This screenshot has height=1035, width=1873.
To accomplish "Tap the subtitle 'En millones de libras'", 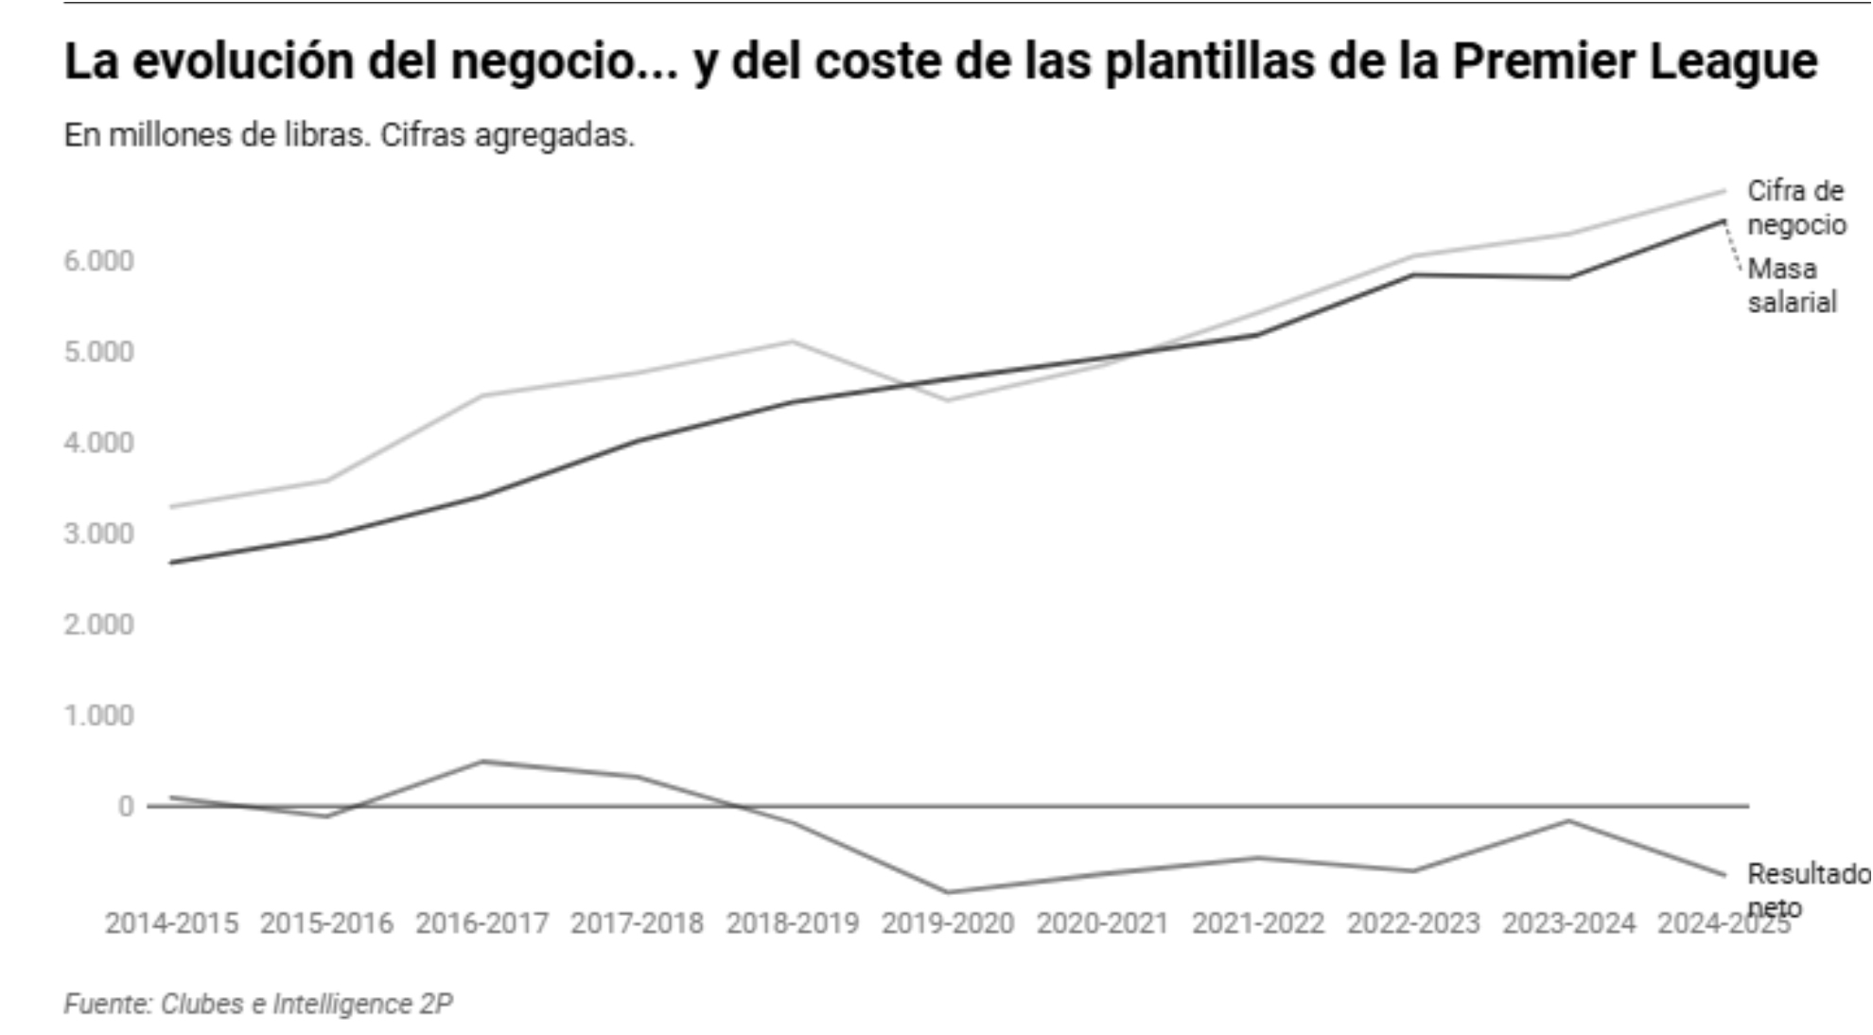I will coord(216,135).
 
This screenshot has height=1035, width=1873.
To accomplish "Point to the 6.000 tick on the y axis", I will coord(98,261).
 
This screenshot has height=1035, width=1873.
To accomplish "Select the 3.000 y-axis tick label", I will coord(98,534).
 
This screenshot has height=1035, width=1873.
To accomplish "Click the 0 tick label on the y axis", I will coord(126,807).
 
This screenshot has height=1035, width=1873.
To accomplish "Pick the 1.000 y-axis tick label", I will coord(98,716).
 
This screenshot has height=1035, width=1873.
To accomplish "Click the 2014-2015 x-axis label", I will coord(171,923).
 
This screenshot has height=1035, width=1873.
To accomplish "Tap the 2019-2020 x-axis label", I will coord(947,923).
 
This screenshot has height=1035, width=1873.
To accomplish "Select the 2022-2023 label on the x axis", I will coord(1412,923).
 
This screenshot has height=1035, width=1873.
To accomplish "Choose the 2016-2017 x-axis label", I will coord(481,923).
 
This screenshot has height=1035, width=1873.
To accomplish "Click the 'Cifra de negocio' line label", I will coord(1795,208).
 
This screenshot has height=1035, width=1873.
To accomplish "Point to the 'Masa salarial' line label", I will coord(1791,286).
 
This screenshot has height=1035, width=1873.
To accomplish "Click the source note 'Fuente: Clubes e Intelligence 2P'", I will coord(258,1004).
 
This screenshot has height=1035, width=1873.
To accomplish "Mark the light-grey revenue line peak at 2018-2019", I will coord(793,341).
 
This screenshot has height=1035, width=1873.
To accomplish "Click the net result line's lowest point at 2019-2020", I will coord(947,891).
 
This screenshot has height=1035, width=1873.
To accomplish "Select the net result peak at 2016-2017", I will coord(481,761).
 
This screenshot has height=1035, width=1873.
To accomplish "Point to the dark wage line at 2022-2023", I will coord(1412,274).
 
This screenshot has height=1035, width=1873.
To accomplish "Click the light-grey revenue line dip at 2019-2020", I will coord(947,400).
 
